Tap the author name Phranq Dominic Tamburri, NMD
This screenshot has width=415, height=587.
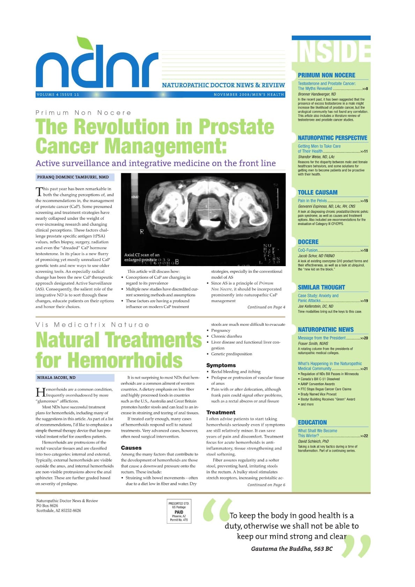pos(73,177)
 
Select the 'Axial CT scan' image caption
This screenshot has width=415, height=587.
pos(142,257)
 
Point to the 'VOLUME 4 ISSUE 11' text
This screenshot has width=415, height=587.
pos(58,95)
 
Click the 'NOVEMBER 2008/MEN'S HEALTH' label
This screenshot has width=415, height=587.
pos(249,95)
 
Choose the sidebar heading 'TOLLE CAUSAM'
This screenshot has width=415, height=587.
pos(318,193)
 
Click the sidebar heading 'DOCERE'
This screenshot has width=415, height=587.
pos(308,242)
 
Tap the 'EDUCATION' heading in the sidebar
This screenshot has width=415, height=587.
pos(312,422)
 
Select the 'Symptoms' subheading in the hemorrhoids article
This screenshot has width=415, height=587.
pos(221,365)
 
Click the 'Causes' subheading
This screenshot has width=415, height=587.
pos(131,447)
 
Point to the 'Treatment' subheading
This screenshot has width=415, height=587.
pos(221,412)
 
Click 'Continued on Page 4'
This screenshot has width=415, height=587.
pos(266,307)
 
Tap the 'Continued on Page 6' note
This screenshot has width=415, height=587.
pos(266,485)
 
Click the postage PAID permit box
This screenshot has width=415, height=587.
pos(179,511)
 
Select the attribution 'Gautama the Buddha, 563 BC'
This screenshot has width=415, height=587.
pos(291,549)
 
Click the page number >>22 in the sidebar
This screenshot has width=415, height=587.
pos(364,436)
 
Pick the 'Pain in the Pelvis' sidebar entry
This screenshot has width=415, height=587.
pos(312,201)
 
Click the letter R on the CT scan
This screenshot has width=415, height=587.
pos(142,232)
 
